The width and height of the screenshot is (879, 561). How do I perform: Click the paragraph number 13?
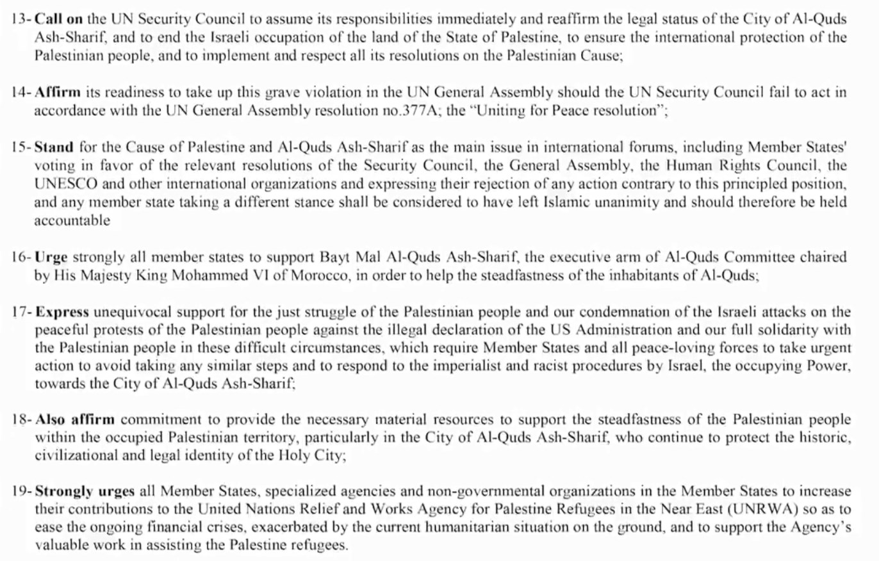[x=20, y=19]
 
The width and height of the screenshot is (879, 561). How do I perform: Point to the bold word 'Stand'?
[x=54, y=147]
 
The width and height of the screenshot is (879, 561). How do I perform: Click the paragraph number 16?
[x=20, y=257]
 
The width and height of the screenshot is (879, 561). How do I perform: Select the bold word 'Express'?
[x=62, y=313]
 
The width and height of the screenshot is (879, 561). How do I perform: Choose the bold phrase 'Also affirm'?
[x=75, y=420]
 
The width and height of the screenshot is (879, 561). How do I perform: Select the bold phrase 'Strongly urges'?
[x=85, y=492]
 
